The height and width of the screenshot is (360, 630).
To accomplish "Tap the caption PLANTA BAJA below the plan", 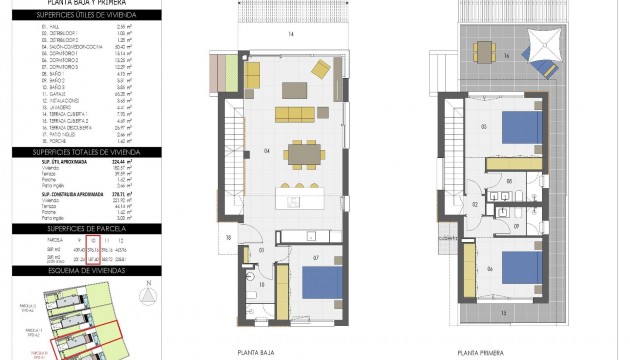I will [256, 352].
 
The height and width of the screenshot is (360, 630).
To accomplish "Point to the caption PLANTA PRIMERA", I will [481, 352].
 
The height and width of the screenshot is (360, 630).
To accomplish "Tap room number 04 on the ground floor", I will [237, 152].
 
